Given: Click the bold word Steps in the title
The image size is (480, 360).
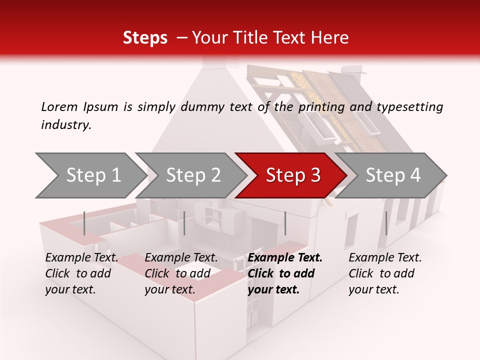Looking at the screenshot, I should [x=145, y=38].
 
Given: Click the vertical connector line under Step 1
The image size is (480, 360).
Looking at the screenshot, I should [x=84, y=223].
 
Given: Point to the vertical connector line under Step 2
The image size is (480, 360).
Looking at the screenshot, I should [x=184, y=223].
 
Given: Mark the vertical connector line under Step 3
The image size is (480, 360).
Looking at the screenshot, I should [x=285, y=223].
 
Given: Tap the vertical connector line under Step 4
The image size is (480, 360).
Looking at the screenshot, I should [x=386, y=223].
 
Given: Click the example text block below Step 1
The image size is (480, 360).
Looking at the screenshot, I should [x=81, y=273].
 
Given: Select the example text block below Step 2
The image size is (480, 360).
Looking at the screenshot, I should [x=181, y=273].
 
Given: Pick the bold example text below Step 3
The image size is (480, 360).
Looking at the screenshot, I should [x=284, y=273].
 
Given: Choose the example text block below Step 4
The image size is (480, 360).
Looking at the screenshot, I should [x=385, y=273].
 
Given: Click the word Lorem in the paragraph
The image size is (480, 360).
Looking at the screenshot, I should [x=59, y=106].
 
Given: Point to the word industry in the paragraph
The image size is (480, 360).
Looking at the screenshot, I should [x=66, y=125].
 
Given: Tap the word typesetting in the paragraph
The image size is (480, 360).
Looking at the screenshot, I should [x=410, y=107].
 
